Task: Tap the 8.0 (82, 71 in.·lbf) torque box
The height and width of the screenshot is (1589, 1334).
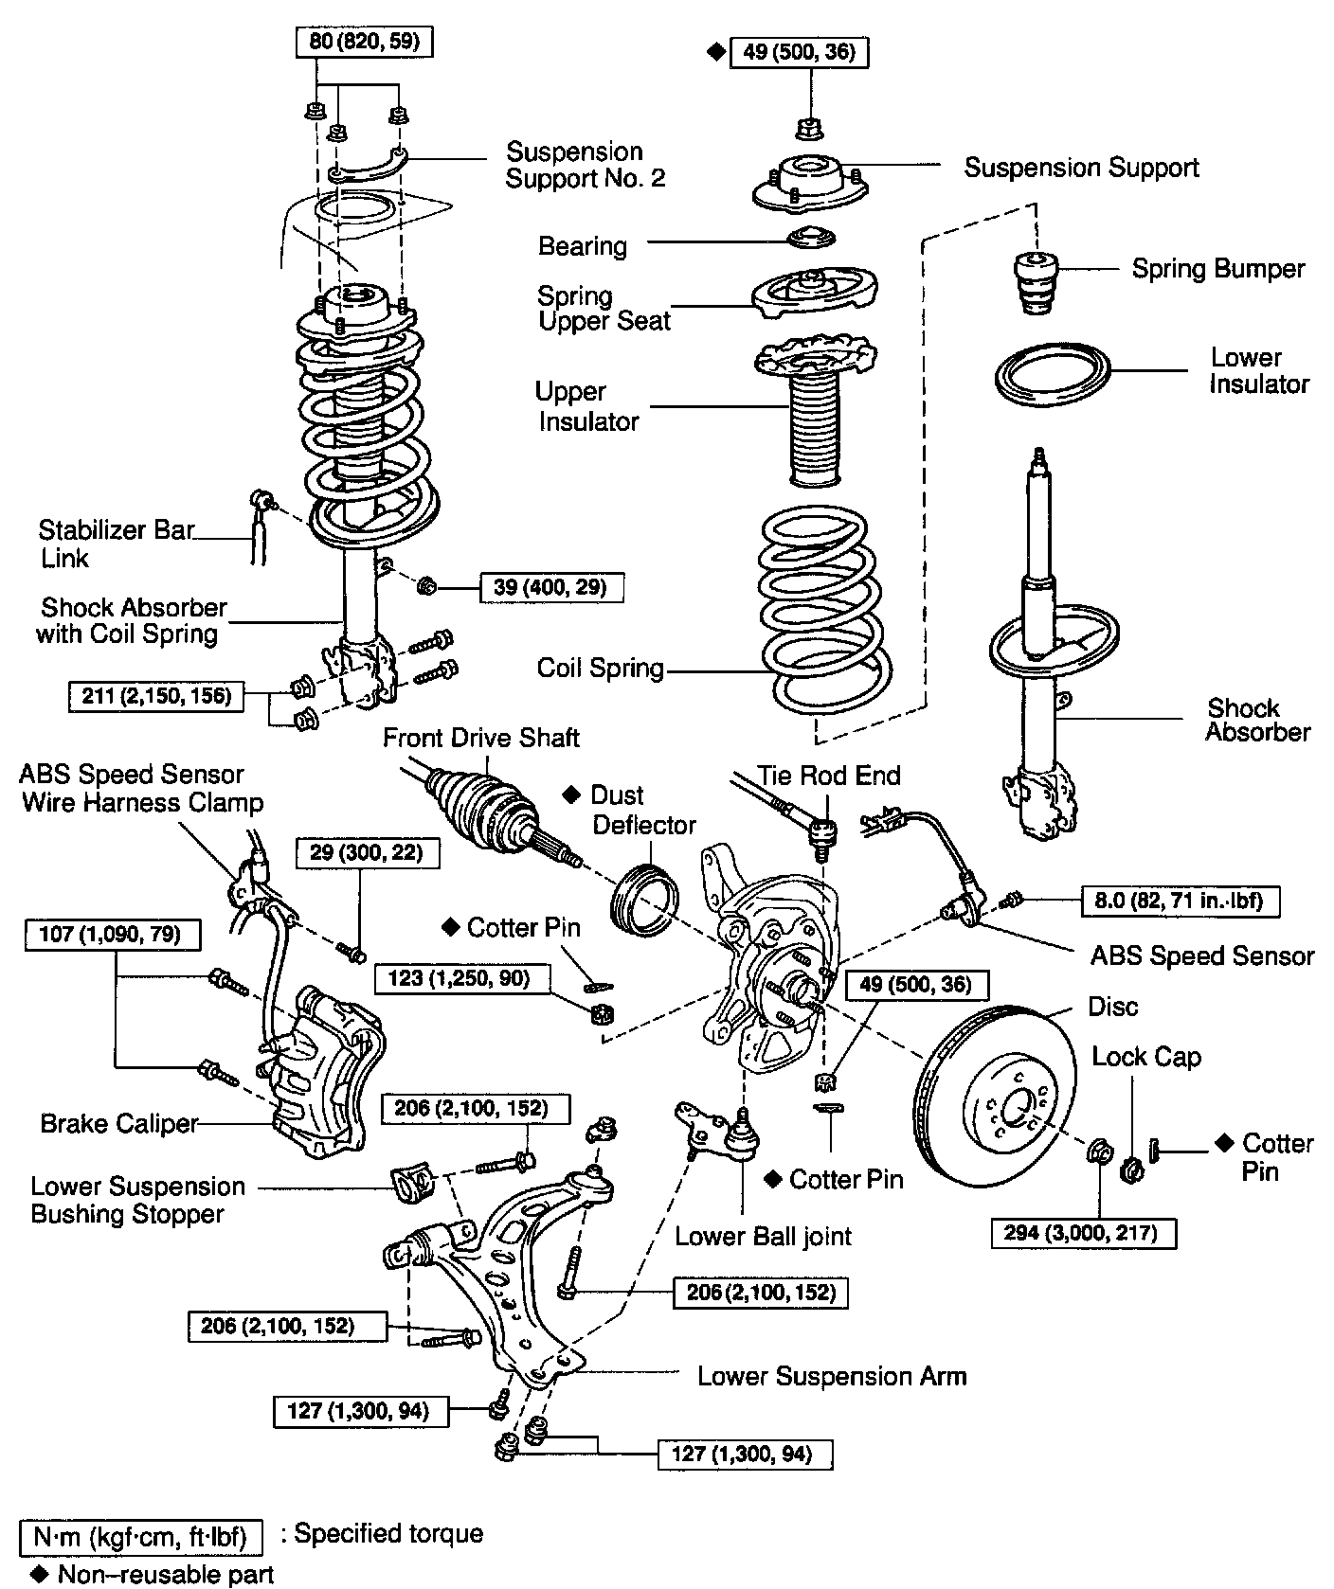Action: (1181, 901)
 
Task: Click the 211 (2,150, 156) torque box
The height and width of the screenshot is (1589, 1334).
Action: (156, 696)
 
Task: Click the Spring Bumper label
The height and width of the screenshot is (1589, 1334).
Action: (1217, 269)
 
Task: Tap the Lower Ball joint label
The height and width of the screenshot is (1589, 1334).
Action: (763, 1236)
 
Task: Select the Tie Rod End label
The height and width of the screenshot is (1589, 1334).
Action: (829, 776)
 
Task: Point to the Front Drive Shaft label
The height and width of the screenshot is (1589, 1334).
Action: (480, 738)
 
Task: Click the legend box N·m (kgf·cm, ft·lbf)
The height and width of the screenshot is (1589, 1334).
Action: (140, 1535)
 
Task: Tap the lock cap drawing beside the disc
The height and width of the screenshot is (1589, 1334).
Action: (1131, 1169)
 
